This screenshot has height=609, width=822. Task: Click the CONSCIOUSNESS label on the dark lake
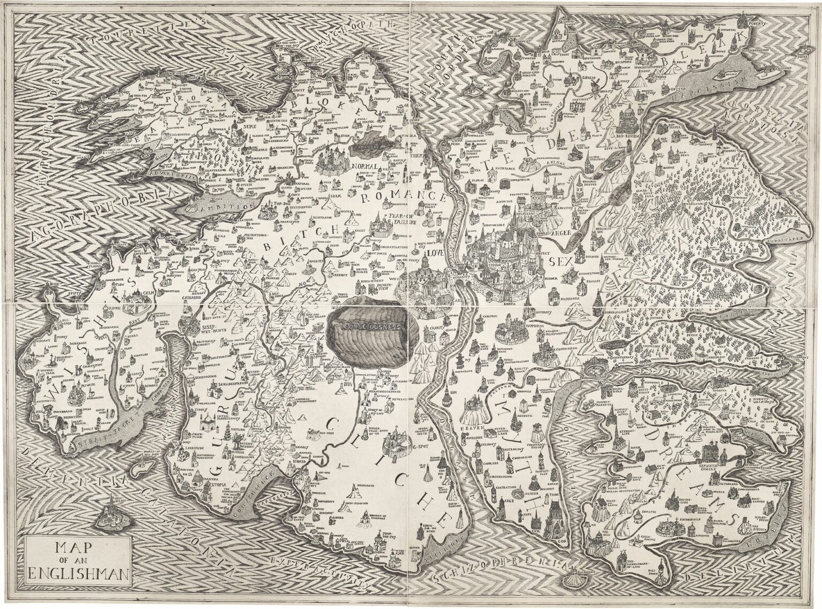[372, 325]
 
